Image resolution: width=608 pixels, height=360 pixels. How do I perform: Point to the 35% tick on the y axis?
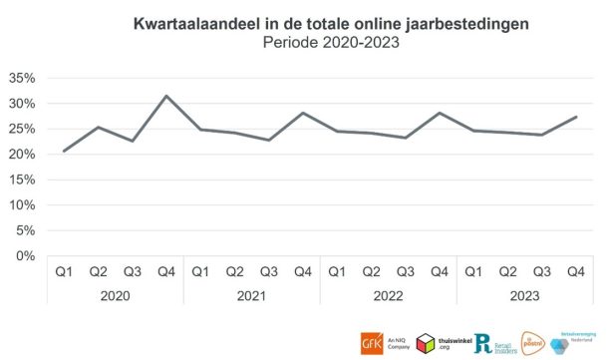coord(22,78)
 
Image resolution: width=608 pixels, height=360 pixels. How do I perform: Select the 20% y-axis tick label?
coord(22,155)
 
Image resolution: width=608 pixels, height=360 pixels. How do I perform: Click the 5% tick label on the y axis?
coord(26,230)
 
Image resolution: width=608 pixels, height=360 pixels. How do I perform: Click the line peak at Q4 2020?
coord(165,96)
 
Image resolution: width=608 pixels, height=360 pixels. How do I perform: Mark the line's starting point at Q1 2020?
coord(64,151)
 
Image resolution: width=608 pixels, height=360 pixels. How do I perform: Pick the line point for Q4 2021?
coord(302,113)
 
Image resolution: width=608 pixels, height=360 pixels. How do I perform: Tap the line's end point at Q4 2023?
coord(574,117)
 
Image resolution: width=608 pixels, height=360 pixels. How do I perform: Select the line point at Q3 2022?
coord(405,138)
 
